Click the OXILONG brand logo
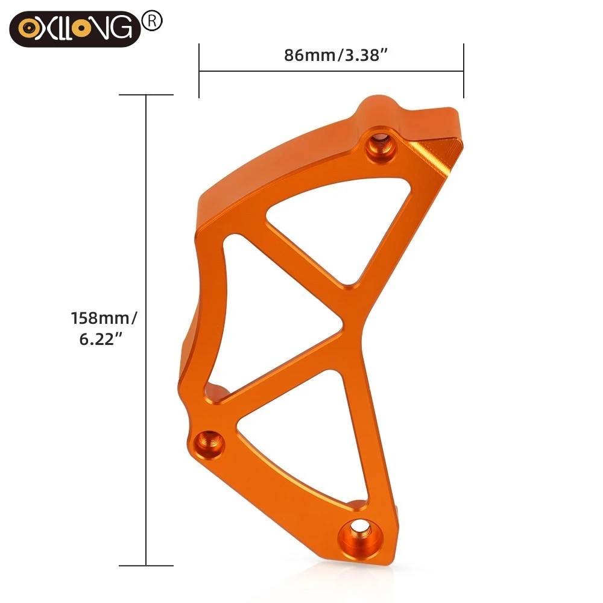(75, 29)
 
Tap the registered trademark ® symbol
(153, 21)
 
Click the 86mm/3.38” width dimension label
(335, 55)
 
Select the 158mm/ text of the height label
(104, 318)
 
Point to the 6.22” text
(101, 339)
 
